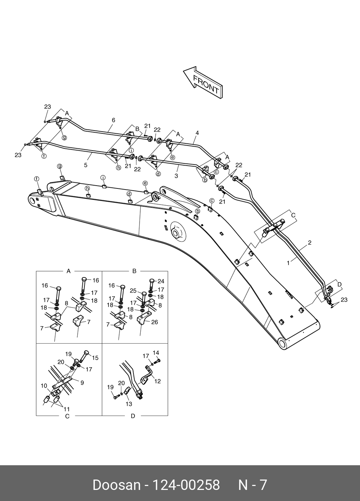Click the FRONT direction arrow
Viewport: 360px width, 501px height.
click(x=203, y=83)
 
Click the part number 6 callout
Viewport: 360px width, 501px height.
click(x=113, y=120)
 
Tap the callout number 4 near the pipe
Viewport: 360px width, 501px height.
click(x=197, y=133)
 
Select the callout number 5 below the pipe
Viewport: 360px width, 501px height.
click(x=86, y=165)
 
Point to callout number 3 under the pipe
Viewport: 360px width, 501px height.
click(x=176, y=176)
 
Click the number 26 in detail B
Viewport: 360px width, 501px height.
click(x=155, y=322)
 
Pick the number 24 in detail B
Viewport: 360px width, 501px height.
click(x=161, y=281)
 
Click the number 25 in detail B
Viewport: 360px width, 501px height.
click(x=133, y=291)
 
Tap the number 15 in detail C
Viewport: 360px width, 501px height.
click(x=95, y=358)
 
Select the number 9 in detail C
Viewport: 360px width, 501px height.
click(x=82, y=383)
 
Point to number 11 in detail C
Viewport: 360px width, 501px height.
click(x=67, y=409)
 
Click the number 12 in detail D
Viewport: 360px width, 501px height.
click(x=157, y=381)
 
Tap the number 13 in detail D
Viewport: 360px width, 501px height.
click(x=129, y=404)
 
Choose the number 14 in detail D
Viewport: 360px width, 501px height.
click(x=156, y=353)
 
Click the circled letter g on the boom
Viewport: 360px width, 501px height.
click(x=59, y=166)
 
